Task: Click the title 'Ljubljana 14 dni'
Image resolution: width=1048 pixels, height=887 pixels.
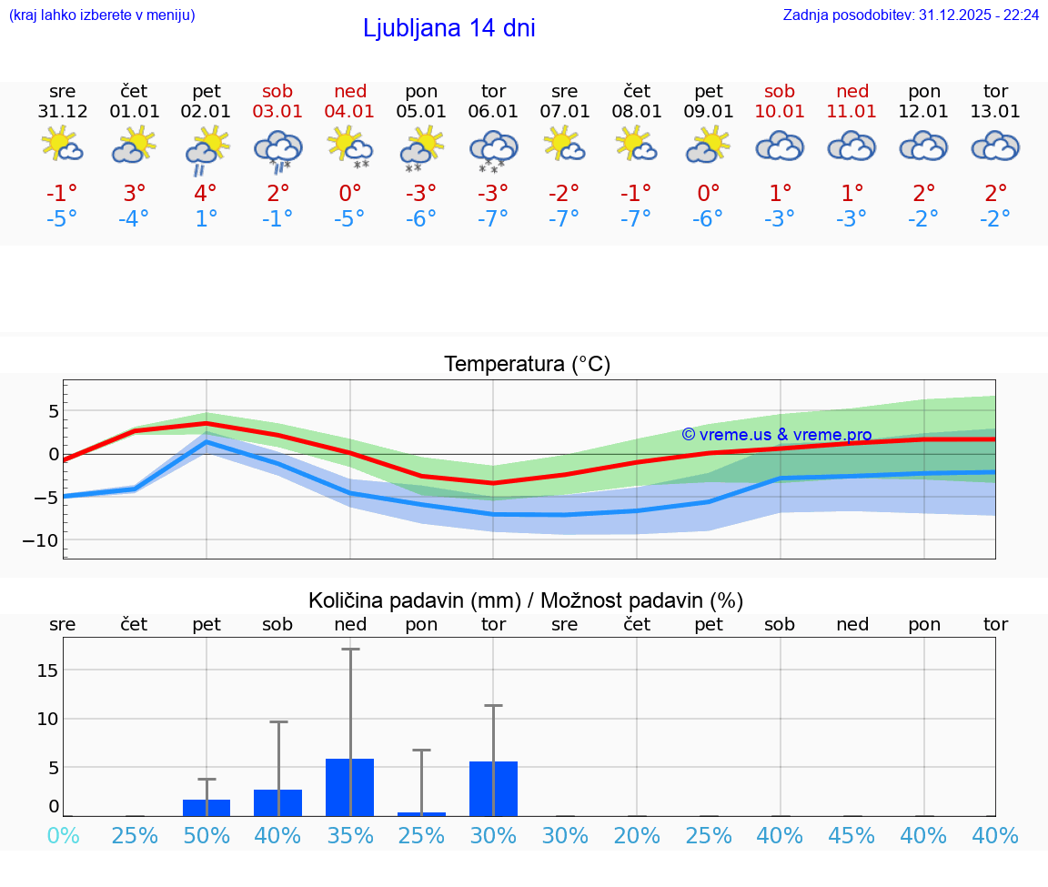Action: pyautogui.click(x=448, y=28)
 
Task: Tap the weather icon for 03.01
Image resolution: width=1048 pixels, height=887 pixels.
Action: pyautogui.click(x=278, y=148)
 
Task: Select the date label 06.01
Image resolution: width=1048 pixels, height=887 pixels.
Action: pyautogui.click(x=493, y=112)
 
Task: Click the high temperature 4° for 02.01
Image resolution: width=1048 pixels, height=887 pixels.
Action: pyautogui.click(x=207, y=193)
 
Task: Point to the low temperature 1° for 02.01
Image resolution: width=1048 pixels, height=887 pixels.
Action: pyautogui.click(x=207, y=219)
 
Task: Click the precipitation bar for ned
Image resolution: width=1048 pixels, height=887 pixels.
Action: pyautogui.click(x=350, y=787)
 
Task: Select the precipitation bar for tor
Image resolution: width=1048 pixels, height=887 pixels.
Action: pyautogui.click(x=493, y=789)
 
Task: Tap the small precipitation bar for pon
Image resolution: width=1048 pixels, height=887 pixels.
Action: pyautogui.click(x=421, y=813)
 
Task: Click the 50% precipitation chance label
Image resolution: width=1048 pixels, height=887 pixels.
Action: pyautogui.click(x=207, y=836)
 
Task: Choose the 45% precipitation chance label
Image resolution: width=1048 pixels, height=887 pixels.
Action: pyautogui.click(x=852, y=836)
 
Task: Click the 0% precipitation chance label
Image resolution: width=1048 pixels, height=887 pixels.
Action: pyautogui.click(x=63, y=836)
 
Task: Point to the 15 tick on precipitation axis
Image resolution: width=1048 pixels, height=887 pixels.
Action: pyautogui.click(x=47, y=670)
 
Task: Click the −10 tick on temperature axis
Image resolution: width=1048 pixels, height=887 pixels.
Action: pyautogui.click(x=42, y=540)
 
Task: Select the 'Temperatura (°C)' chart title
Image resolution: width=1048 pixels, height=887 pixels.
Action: pyautogui.click(x=527, y=364)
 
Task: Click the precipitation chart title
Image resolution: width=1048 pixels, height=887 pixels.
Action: pyautogui.click(x=526, y=600)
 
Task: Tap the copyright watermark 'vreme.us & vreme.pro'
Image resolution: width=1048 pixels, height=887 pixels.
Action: pyautogui.click(x=776, y=435)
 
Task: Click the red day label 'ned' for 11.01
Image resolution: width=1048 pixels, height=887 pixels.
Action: pyautogui.click(x=852, y=91)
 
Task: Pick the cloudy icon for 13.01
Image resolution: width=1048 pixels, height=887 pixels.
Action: pyautogui.click(x=995, y=146)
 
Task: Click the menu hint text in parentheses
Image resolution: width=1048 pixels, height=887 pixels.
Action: pyautogui.click(x=102, y=15)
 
